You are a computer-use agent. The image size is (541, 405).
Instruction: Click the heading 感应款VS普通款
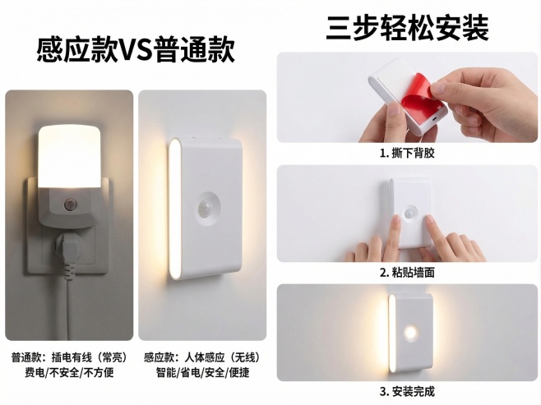136,51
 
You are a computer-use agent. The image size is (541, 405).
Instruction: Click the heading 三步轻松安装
407,27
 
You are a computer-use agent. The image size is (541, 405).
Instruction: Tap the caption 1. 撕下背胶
407,154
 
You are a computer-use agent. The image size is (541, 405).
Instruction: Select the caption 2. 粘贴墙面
407,272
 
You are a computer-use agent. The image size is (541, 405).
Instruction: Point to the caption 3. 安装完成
407,390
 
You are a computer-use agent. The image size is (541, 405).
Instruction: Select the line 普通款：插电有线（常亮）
68,357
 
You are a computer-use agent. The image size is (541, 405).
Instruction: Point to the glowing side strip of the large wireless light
175,209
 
